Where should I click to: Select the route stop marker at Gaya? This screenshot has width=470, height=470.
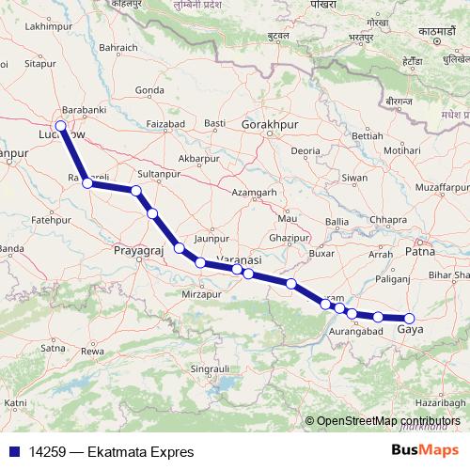click(x=409, y=319)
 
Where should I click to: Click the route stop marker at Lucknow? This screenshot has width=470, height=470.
click(x=61, y=126)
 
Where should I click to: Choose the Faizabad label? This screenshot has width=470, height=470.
click(x=165, y=124)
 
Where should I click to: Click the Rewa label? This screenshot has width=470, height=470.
click(x=92, y=351)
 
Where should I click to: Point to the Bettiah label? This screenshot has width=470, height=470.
click(x=367, y=136)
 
